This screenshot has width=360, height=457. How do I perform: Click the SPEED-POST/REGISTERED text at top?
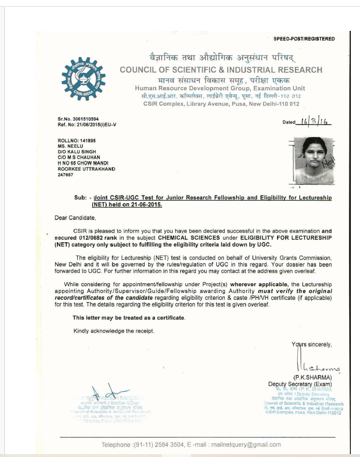coord(304,39)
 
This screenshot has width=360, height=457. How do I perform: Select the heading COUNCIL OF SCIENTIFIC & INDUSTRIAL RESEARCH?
coord(221,70)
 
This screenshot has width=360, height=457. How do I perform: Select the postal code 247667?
coord(66,175)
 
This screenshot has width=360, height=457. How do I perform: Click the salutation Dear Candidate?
coord(75,218)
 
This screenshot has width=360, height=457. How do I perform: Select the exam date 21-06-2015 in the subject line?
coord(145,204)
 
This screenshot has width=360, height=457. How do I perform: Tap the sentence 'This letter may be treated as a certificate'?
coord(129,318)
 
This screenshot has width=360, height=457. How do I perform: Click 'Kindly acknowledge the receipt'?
coord(114,331)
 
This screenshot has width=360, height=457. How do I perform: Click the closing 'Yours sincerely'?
coord(312,345)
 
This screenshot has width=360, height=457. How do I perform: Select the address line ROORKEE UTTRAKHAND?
coord(86,169)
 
